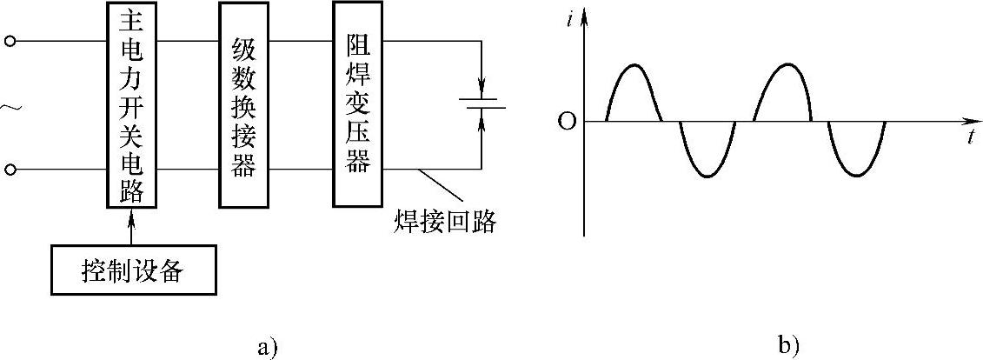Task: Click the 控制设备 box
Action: coord(133,271)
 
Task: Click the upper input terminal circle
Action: coord(10,41)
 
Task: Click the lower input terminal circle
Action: coord(10,169)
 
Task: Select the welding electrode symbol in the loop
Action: coord(482,106)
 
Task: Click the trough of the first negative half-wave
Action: coord(708,177)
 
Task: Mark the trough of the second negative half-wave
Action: coord(857,177)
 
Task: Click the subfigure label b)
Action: coord(788,346)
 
